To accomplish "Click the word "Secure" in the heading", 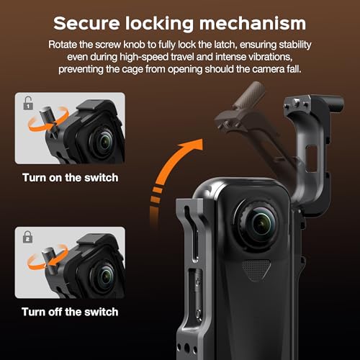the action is click(86, 23).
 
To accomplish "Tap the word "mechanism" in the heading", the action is click(253, 24).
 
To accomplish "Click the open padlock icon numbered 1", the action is click(28, 103).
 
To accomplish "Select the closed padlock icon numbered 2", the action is click(28, 237).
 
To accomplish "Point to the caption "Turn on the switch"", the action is click(71, 178).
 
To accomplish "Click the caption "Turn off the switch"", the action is click(70, 312).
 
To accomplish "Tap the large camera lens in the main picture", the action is click(259, 224).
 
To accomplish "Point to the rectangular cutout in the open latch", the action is click(312, 158).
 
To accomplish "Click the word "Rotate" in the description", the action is click(63, 45).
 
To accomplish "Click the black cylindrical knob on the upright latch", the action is click(334, 104).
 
